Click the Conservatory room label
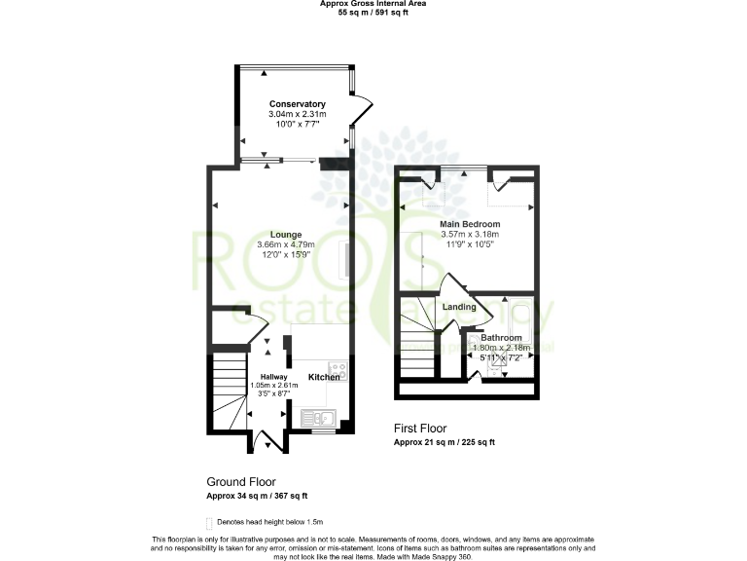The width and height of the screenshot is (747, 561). (297, 104)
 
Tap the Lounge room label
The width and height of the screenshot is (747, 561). (286, 234)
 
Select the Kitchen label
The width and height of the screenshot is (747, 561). (324, 377)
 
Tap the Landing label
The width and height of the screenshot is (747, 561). (459, 308)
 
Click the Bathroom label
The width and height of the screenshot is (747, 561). (501, 338)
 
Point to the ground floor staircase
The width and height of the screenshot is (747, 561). (228, 394)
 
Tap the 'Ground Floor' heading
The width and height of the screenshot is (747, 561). (241, 481)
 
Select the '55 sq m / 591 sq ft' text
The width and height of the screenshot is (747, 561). (373, 14)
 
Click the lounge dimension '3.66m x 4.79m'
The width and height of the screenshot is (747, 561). (286, 244)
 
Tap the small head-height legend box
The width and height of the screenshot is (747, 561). (209, 523)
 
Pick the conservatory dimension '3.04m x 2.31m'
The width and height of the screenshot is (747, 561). (297, 115)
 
